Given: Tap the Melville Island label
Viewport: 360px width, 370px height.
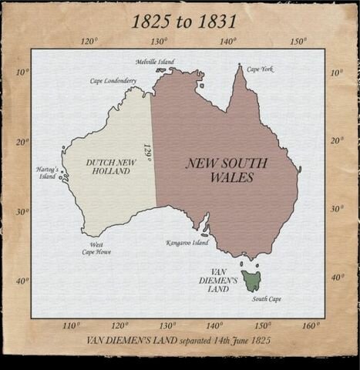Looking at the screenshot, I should pyautogui.click(x=155, y=62).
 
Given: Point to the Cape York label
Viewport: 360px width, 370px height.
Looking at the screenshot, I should pyautogui.click(x=260, y=69).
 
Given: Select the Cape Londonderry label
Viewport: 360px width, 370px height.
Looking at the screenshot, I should pyautogui.click(x=113, y=80).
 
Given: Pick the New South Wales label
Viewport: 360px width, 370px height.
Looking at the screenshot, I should pyautogui.click(x=227, y=170).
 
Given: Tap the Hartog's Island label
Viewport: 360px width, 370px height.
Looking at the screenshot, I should pyautogui.click(x=47, y=172).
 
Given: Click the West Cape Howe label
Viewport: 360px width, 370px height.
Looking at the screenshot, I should pyautogui.click(x=97, y=247).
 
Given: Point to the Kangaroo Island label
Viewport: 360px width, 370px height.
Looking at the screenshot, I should pyautogui.click(x=187, y=242).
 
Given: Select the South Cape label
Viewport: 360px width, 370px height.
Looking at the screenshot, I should pyautogui.click(x=267, y=298).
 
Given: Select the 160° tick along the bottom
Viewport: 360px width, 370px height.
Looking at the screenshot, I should pyautogui.click(x=311, y=325).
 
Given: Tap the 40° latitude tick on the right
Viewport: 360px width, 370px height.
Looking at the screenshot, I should pyautogui.click(x=336, y=277).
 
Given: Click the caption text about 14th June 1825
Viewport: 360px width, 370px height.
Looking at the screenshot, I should pyautogui.click(x=183, y=340).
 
